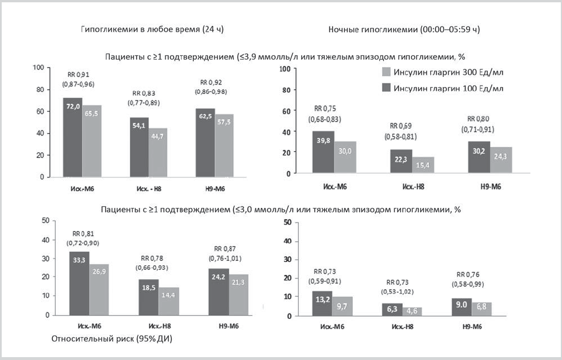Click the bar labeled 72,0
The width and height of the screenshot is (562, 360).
73,138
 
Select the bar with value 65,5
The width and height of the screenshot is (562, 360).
91,141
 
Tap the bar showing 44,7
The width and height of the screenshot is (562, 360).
158,153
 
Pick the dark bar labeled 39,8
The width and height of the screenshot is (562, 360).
323,152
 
